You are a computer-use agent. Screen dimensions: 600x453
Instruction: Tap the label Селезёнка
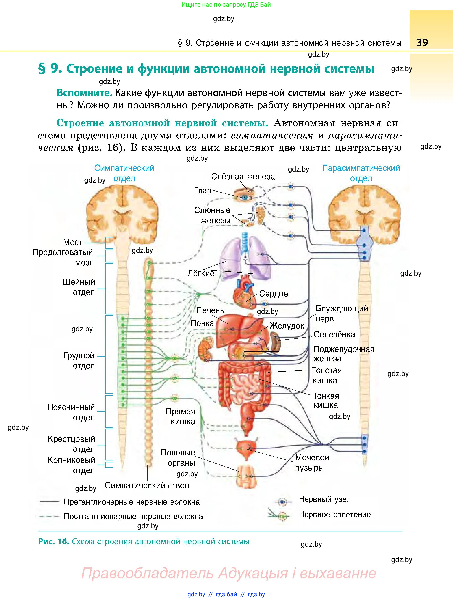click(x=334, y=334)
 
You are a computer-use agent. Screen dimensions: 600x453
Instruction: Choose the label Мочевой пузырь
click(x=312, y=462)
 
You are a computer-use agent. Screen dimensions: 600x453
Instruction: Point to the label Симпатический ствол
click(x=147, y=485)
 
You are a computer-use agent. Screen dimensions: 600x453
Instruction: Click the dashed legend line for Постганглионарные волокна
click(x=49, y=517)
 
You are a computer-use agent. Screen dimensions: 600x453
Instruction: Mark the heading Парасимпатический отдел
click(x=361, y=173)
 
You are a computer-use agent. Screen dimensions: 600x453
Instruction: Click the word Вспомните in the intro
click(x=84, y=93)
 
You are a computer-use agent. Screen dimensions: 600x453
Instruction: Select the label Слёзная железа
click(x=243, y=177)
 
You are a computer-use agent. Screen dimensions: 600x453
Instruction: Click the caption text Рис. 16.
click(x=53, y=541)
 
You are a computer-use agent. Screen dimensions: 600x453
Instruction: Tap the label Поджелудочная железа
click(x=343, y=354)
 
